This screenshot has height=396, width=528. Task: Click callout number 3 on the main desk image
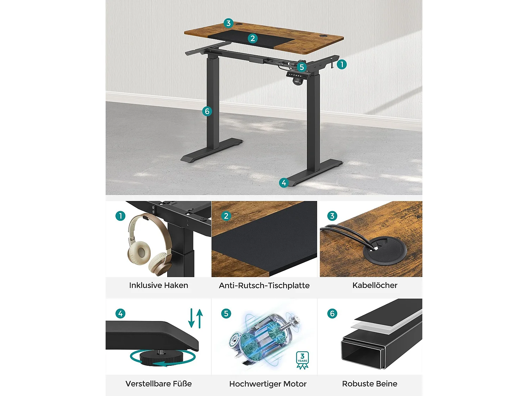point(228,23)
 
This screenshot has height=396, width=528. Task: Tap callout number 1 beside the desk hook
point(341,64)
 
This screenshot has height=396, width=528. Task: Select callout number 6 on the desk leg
point(207,112)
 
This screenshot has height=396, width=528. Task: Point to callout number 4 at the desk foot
point(284,183)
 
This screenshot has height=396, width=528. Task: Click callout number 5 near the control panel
point(301,67)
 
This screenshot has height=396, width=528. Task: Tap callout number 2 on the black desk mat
point(252,38)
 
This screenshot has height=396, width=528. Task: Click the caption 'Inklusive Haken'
point(158,285)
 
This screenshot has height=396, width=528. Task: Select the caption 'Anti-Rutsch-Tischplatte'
point(264,285)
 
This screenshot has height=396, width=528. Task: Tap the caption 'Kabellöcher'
point(375,285)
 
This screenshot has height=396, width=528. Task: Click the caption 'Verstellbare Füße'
point(158,384)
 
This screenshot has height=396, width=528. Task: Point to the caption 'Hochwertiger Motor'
point(268,384)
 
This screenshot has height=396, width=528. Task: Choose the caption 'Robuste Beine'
point(370,384)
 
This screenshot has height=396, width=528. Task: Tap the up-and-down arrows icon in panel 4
point(196,318)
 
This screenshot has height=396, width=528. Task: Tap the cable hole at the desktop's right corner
point(323,36)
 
